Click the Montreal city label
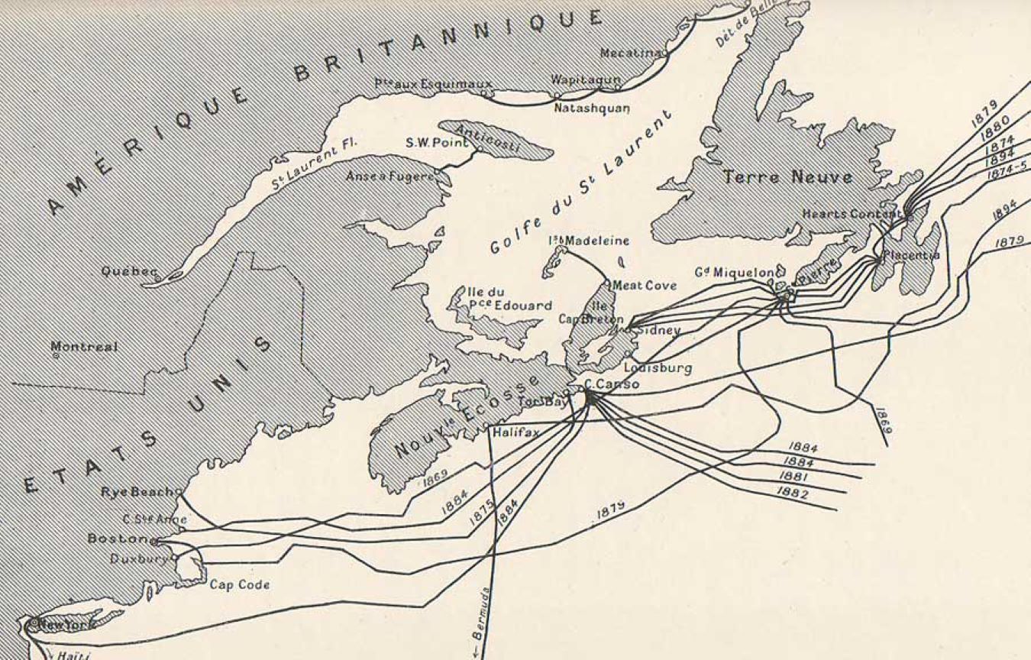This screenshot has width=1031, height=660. (84, 347)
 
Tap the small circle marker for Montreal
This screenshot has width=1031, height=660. (55, 355)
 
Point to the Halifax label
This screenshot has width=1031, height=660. (515, 432)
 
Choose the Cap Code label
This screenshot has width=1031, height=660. (239, 585)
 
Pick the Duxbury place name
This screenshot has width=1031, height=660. (138, 558)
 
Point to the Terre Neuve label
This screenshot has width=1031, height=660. (787, 177)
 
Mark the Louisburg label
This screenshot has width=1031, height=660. (663, 368)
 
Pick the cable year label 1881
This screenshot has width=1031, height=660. (795, 477)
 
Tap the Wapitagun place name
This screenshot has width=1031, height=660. (584, 79)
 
